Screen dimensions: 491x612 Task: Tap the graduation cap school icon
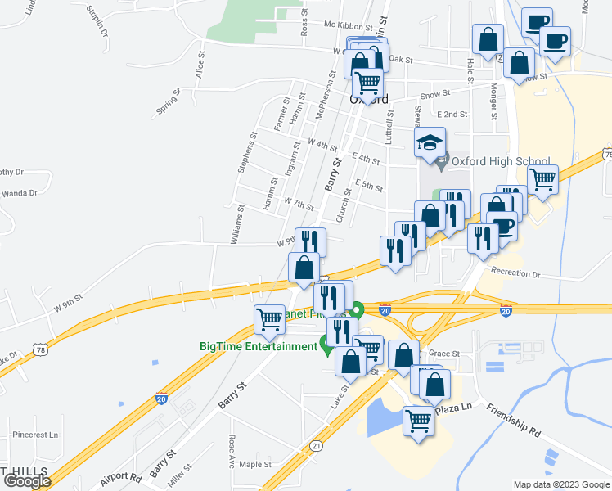click(430, 142)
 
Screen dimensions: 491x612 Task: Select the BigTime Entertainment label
click(258, 346)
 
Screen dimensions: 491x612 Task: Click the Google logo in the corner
click(27, 481)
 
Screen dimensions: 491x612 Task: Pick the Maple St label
click(255, 464)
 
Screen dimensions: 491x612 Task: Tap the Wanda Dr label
click(21, 193)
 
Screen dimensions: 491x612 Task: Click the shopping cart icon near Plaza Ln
click(418, 421)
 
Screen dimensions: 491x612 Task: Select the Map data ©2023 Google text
click(560, 484)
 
